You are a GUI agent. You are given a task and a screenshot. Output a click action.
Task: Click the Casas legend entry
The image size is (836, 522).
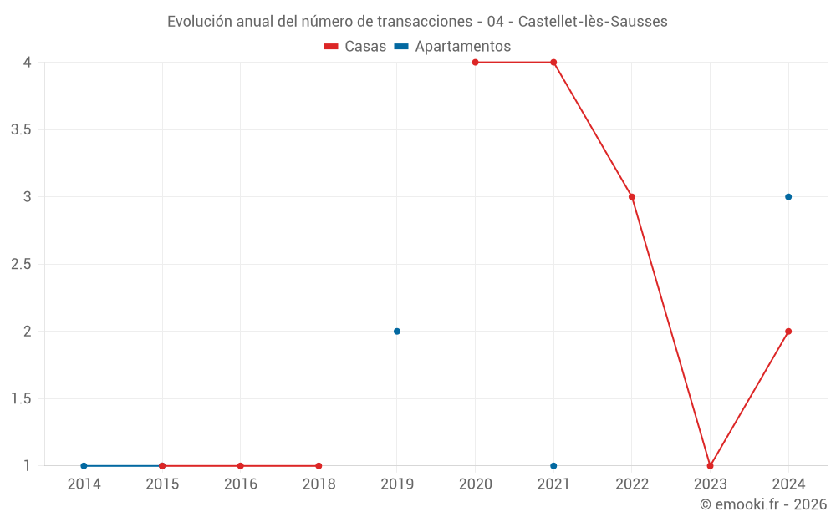(x=355, y=47)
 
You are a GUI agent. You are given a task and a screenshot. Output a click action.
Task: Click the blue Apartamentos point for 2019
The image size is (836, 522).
(x=397, y=332)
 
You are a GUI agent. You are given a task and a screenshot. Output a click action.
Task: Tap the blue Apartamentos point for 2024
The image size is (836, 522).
(x=788, y=197)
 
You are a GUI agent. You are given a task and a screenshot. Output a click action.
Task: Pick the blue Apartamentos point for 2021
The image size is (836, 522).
(x=553, y=466)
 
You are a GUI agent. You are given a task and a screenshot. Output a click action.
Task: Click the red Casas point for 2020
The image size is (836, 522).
(x=475, y=63)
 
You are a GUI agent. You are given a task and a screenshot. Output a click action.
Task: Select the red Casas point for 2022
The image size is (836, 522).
(x=632, y=197)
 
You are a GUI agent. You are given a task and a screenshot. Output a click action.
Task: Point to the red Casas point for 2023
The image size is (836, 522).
(x=710, y=466)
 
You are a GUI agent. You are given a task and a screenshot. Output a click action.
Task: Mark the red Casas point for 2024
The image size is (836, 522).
(x=788, y=332)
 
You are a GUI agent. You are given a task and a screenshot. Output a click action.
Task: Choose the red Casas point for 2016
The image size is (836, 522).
(x=240, y=466)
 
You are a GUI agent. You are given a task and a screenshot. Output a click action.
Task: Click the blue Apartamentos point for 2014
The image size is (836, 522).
(x=84, y=466)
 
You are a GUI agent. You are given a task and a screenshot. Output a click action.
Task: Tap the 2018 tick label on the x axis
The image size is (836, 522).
(x=319, y=484)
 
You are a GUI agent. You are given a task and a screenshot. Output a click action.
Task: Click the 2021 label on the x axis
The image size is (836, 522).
(x=553, y=484)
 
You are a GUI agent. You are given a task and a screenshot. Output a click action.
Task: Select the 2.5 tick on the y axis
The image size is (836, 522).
(x=21, y=265)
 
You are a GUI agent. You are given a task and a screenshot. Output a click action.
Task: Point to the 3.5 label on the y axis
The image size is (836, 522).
(x=21, y=130)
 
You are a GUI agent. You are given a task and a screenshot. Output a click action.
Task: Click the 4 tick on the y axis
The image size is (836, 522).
(x=28, y=63)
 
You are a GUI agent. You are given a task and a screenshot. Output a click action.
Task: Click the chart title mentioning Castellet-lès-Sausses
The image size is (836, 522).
(x=417, y=22)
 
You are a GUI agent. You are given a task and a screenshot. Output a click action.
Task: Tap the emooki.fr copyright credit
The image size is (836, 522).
(x=762, y=504)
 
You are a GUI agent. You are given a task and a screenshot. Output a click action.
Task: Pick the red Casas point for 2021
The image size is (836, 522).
(x=553, y=63)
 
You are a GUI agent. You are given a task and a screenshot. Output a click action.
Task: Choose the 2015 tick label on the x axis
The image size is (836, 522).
(x=162, y=484)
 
